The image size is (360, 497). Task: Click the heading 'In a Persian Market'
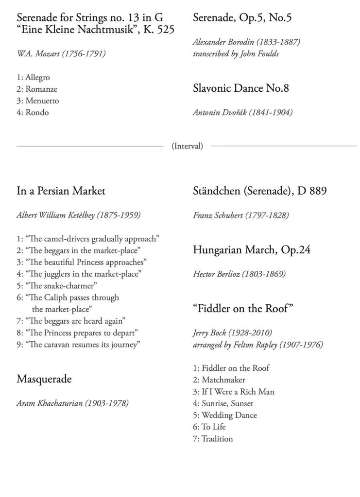tap(61, 191)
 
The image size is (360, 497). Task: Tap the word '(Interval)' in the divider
tap(187, 146)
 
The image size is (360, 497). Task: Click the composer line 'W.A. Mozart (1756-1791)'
tap(61, 54)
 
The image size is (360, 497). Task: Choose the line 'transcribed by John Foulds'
tap(236, 54)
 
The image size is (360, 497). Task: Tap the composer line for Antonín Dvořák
tap(242, 113)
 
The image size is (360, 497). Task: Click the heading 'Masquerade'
tap(44, 379)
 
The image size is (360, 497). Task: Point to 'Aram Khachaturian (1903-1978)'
tap(72, 403)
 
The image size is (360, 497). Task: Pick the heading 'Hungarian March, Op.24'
tap(252, 250)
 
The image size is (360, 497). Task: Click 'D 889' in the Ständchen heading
tap(312, 191)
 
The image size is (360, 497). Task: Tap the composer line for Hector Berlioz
tap(239, 274)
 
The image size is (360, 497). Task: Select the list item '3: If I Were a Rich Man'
tap(233, 392)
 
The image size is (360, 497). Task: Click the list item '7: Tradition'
tap(213, 439)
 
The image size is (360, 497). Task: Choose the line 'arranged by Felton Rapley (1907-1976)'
tap(257, 345)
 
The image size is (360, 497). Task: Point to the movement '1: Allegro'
tap(33, 78)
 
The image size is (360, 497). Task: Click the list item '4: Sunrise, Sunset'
tap(223, 403)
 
